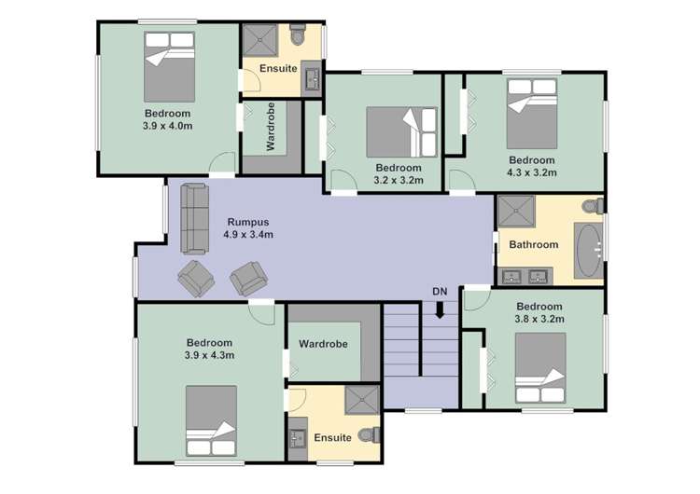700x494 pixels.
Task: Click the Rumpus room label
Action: point(247,222)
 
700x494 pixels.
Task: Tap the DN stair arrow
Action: point(440,311)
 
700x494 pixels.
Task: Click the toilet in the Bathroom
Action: point(591,206)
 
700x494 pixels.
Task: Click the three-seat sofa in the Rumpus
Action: point(194,217)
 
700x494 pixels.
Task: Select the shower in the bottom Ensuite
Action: point(360,400)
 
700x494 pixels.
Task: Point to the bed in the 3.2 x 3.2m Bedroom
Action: point(400,131)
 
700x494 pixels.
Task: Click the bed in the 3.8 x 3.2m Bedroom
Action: point(540,367)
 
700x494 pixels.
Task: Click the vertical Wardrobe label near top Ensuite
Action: point(271,132)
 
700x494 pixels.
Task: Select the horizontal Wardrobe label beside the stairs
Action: point(323,344)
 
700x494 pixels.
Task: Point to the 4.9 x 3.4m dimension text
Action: point(248,235)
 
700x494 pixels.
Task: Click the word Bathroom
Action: point(533,245)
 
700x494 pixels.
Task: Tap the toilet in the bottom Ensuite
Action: point(372,434)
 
